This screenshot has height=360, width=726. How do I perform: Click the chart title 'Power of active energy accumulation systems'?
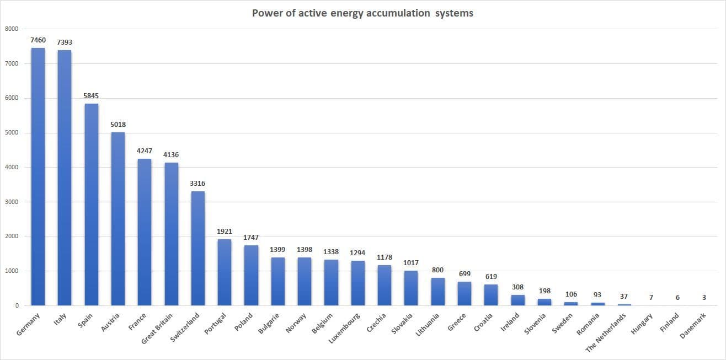pyautogui.click(x=362, y=13)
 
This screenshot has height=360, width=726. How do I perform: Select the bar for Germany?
pyautogui.click(x=38, y=176)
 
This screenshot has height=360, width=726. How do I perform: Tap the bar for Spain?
pyautogui.click(x=92, y=205)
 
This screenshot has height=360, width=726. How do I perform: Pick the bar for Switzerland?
pyautogui.click(x=198, y=248)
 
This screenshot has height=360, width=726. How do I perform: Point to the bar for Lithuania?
pyautogui.click(x=438, y=292)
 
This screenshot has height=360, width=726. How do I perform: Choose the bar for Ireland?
pyautogui.click(x=518, y=300)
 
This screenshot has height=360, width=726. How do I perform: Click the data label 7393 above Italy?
pyautogui.click(x=65, y=42)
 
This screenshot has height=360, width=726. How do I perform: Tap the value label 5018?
pyautogui.click(x=118, y=125)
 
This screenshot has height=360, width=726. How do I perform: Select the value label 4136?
pyautogui.click(x=171, y=155)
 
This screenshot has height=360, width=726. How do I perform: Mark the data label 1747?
pyautogui.click(x=251, y=238)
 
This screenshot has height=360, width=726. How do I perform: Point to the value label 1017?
pyautogui.click(x=411, y=263)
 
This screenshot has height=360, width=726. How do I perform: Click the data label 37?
pyautogui.click(x=624, y=297)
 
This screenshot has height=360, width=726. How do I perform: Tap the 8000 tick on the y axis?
pyautogui.click(x=12, y=29)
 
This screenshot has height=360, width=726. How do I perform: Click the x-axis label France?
pyautogui.click(x=137, y=321)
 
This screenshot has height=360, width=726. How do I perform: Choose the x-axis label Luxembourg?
pyautogui.click(x=345, y=328)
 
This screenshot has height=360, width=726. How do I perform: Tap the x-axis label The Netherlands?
pyautogui.click(x=606, y=333)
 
